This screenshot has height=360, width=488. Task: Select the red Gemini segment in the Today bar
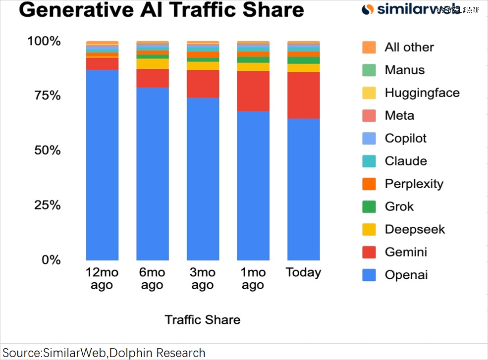tap(303, 95)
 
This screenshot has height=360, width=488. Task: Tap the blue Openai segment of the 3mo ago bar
tap(203, 178)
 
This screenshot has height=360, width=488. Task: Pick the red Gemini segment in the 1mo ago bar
tap(253, 91)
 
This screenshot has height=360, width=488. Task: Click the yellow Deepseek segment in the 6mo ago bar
tap(153, 64)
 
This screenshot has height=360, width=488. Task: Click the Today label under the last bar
tap(303, 272)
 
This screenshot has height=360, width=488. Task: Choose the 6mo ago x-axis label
tap(153, 278)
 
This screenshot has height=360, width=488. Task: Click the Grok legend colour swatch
tap(369, 206)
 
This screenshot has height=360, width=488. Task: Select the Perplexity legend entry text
tap(414, 184)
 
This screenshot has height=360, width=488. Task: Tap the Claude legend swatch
tap(369, 161)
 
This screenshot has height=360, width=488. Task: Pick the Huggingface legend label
tap(422, 93)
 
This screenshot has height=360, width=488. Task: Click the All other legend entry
tap(409, 47)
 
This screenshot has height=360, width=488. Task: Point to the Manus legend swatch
tap(369, 70)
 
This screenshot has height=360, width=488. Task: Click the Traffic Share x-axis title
tap(202, 319)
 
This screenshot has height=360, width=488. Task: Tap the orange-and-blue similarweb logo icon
tap(368, 9)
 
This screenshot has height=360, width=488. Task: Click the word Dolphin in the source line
tap(131, 353)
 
